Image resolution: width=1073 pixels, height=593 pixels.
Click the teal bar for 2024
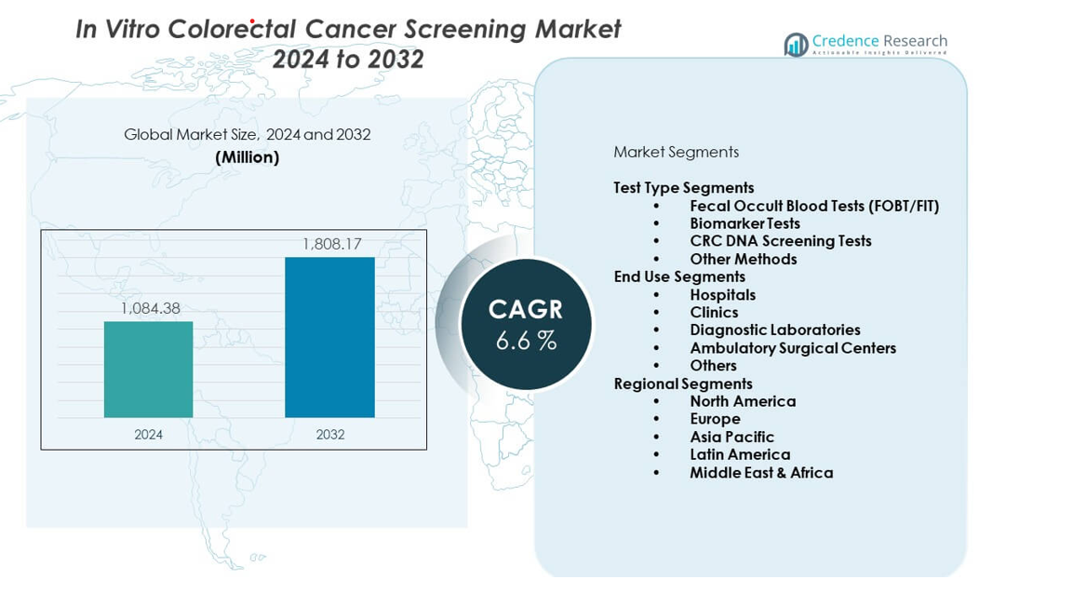(x=148, y=370)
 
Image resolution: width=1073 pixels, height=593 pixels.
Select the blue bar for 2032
(x=329, y=337)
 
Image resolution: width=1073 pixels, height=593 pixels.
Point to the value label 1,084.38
(x=149, y=308)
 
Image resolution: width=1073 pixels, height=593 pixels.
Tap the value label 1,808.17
(x=331, y=244)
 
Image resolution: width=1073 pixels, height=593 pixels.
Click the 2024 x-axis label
(x=148, y=435)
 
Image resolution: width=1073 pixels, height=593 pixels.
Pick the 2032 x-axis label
(x=329, y=435)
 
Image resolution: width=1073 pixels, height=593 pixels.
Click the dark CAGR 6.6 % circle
(x=526, y=325)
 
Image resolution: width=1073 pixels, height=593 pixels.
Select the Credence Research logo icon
(x=796, y=44)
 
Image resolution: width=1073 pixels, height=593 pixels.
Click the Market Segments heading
(x=676, y=152)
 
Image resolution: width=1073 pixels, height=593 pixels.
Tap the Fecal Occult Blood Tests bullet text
(x=813, y=206)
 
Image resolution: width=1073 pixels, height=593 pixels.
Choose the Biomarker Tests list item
(x=744, y=223)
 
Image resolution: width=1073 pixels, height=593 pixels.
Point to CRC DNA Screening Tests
(x=780, y=241)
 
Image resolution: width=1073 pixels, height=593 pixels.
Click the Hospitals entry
(x=722, y=295)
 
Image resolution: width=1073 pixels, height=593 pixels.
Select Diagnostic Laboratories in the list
(x=774, y=330)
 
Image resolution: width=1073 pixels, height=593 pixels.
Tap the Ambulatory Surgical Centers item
(x=792, y=348)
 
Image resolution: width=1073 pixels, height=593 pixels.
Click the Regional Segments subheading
(x=682, y=384)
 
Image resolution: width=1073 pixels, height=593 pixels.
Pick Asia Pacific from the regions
(x=731, y=437)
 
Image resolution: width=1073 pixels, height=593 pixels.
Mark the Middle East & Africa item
(x=760, y=473)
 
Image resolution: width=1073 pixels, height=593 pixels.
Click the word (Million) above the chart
(x=247, y=157)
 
